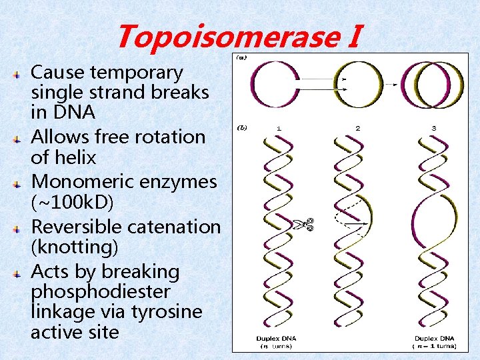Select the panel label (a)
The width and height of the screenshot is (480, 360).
coord(238,58)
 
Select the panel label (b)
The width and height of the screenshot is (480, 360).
coord(238,126)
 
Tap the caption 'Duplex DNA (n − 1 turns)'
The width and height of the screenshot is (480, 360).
coord(434,342)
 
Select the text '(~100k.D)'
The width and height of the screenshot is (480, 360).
coord(69,201)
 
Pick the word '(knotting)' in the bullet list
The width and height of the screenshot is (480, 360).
coord(75,247)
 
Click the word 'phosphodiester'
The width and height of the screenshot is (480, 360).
coord(100,292)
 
